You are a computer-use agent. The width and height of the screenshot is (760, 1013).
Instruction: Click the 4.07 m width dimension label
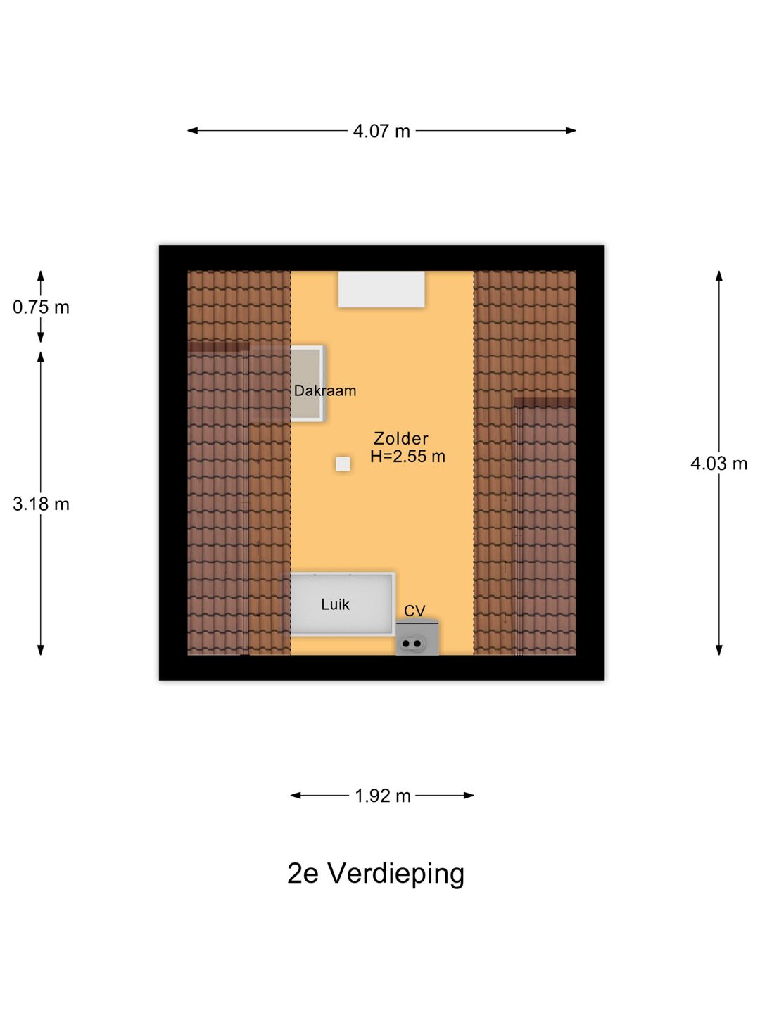[381, 132]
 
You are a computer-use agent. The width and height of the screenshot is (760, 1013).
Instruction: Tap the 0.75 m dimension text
[41, 307]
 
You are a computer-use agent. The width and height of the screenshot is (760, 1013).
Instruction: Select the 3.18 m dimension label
[41, 504]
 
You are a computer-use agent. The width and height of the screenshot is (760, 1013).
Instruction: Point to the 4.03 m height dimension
[718, 464]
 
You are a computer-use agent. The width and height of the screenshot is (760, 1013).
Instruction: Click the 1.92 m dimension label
[383, 796]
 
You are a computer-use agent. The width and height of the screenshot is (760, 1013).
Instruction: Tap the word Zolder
[400, 438]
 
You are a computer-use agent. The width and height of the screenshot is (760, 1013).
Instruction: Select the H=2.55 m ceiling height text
[407, 457]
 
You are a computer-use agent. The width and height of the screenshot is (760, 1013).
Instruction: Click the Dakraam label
[325, 391]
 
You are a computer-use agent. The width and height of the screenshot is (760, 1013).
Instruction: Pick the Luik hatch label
[335, 604]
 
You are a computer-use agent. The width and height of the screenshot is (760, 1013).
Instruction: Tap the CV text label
[414, 611]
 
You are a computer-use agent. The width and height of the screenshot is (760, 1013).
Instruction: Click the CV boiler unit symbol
[417, 638]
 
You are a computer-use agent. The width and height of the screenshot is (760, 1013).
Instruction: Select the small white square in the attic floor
[343, 464]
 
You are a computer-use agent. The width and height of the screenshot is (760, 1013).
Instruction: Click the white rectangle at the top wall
[381, 289]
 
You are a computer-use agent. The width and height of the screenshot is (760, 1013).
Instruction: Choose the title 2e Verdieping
[376, 873]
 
